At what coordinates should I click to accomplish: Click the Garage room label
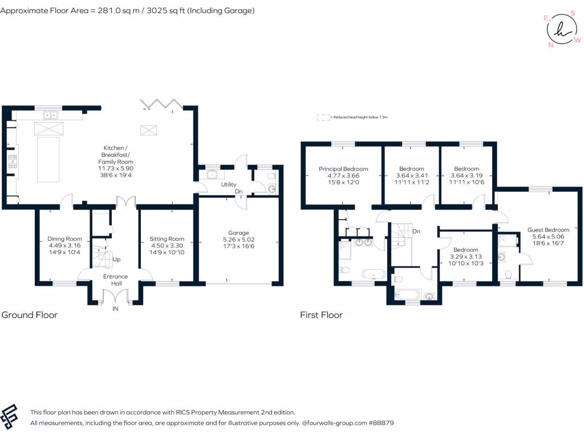coord(238,233)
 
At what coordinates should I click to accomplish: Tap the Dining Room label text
coord(64,239)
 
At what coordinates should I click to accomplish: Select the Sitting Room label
coord(167,239)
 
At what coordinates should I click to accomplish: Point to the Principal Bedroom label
coord(343,169)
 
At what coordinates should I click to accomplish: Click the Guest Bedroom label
coord(548,230)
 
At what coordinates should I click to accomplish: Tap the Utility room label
coord(229,184)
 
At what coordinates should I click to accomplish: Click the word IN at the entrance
coord(115,309)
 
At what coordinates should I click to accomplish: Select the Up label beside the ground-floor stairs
coord(116,259)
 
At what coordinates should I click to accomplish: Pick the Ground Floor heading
coord(30,315)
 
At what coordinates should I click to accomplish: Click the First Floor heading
coord(322,315)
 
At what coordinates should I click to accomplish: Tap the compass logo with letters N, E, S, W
coord(562,30)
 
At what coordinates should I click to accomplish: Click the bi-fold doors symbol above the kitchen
coord(161,104)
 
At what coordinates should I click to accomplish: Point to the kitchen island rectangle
coord(48,160)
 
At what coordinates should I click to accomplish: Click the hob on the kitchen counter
coord(13,161)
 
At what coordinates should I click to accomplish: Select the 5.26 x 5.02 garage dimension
coord(238,240)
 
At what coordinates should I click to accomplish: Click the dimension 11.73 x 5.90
coord(116,168)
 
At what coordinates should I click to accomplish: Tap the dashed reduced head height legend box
coord(323,117)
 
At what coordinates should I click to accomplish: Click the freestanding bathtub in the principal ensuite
coord(374,274)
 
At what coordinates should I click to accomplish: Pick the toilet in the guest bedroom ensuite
coord(508,274)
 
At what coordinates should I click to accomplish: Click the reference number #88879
coord(381,423)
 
